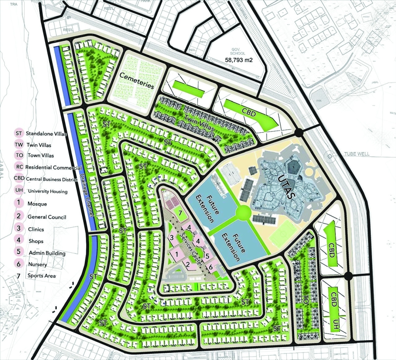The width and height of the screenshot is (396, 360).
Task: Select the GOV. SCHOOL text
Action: tap(238, 51)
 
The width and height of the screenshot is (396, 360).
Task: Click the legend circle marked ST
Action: tap(19, 133)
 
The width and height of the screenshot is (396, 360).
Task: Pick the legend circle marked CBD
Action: tap(19, 178)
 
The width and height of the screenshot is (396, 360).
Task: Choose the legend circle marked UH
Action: tap(19, 190)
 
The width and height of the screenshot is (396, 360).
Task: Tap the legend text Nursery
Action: tap(38, 264)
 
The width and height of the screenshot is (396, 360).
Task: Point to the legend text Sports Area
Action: tap(42, 276)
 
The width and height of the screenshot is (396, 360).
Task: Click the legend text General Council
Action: tap(46, 217)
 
